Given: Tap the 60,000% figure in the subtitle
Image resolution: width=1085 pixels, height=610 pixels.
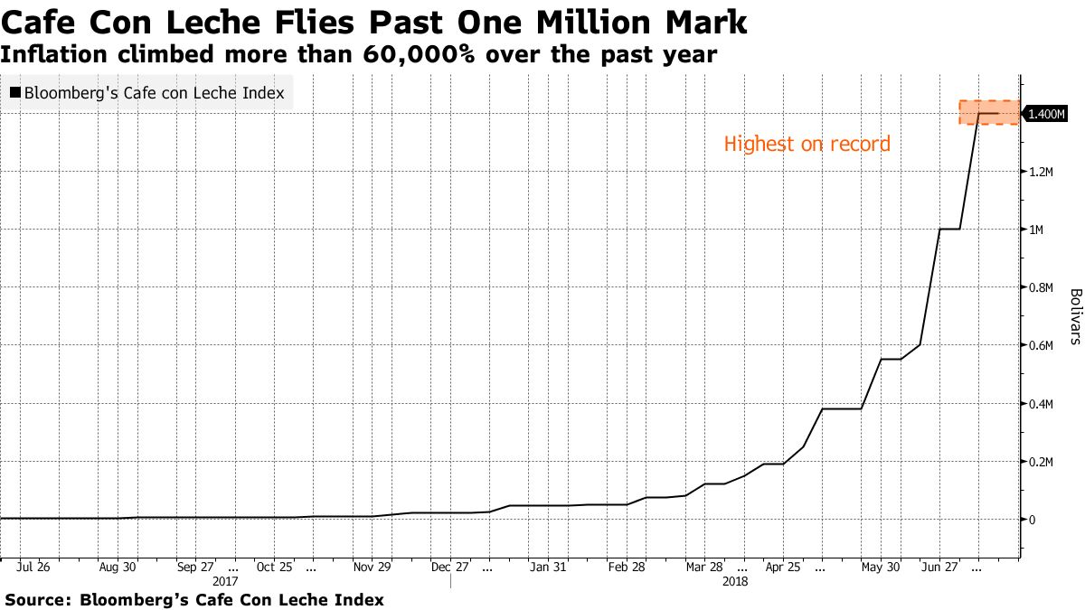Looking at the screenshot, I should pyautogui.click(x=420, y=54).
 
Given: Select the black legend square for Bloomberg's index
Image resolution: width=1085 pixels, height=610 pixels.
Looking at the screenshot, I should pyautogui.click(x=15, y=92).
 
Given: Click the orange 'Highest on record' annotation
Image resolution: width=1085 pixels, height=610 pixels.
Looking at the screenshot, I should pyautogui.click(x=807, y=144).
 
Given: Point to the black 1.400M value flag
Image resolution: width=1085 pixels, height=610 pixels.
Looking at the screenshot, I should pyautogui.click(x=1047, y=114).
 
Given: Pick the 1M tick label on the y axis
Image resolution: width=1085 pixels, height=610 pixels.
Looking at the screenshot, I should pyautogui.click(x=1036, y=230).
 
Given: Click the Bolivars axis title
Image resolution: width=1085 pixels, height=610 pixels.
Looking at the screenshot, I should pyautogui.click(x=1075, y=316).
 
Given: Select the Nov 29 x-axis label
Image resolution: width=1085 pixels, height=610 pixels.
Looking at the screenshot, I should pyautogui.click(x=372, y=567).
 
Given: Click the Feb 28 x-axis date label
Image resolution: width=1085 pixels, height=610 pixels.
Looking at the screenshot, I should pyautogui.click(x=627, y=567).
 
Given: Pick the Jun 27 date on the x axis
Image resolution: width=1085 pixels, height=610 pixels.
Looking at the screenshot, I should pyautogui.click(x=939, y=567).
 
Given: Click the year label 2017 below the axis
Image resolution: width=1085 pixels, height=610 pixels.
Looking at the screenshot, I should pyautogui.click(x=225, y=582).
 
